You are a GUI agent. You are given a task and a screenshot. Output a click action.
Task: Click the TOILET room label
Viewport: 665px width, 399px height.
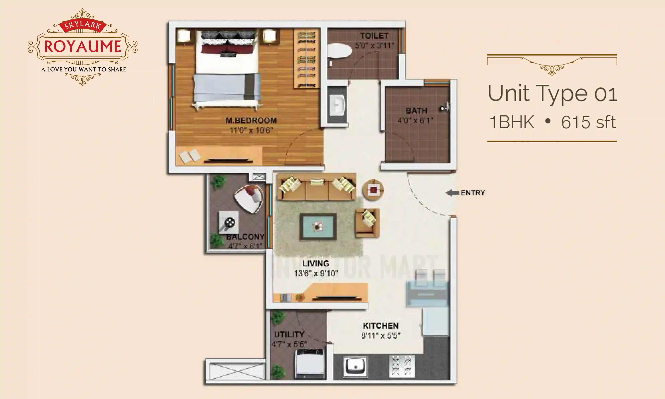[x=374, y=36]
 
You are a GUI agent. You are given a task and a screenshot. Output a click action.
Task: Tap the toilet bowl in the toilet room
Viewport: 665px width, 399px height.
[x=339, y=51]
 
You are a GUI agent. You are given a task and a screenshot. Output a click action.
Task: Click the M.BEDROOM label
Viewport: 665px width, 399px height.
[x=251, y=121]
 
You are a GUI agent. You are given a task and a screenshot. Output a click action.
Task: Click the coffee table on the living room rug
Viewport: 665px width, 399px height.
[x=318, y=227]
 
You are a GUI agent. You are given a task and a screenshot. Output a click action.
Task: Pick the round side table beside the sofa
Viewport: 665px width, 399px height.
[x=373, y=190]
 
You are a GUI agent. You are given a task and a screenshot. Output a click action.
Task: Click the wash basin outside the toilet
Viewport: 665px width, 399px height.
[x=337, y=105]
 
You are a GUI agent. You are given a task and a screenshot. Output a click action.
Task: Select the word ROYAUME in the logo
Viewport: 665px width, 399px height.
[x=83, y=46]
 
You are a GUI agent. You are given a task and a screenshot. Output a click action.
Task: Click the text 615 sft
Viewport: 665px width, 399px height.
[x=588, y=122]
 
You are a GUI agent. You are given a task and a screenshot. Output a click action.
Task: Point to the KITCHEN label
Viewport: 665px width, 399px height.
[x=381, y=326]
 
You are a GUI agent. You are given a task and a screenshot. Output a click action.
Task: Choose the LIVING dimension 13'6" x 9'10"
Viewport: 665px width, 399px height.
[x=316, y=273]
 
